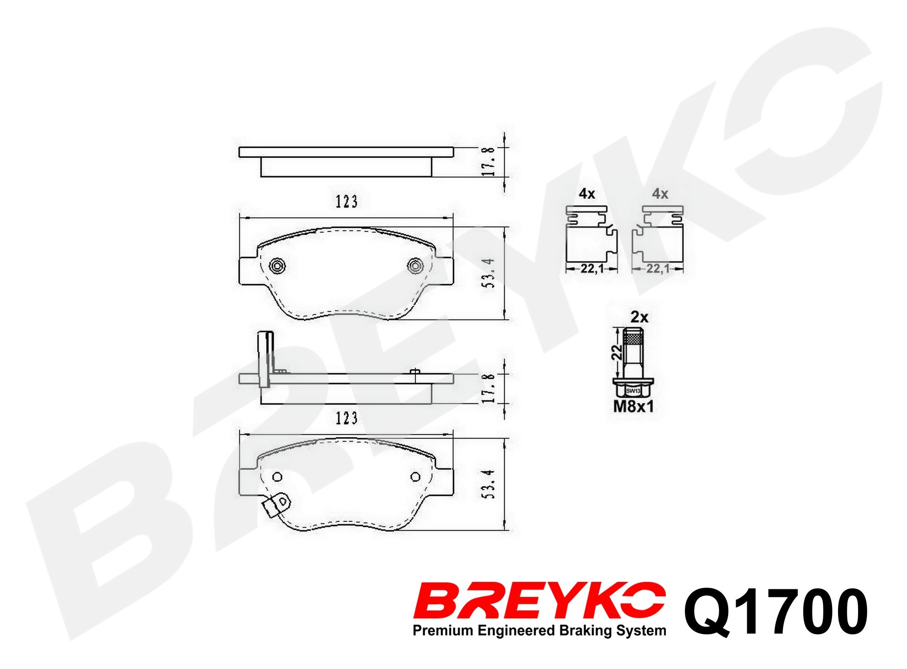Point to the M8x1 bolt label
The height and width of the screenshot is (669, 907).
point(633,406)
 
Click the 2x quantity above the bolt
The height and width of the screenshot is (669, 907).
point(639,317)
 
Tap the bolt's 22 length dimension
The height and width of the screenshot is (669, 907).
point(616,352)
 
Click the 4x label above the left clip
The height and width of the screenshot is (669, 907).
point(587,194)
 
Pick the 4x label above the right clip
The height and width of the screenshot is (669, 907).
point(660,194)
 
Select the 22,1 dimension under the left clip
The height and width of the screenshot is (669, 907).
point(592,269)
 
